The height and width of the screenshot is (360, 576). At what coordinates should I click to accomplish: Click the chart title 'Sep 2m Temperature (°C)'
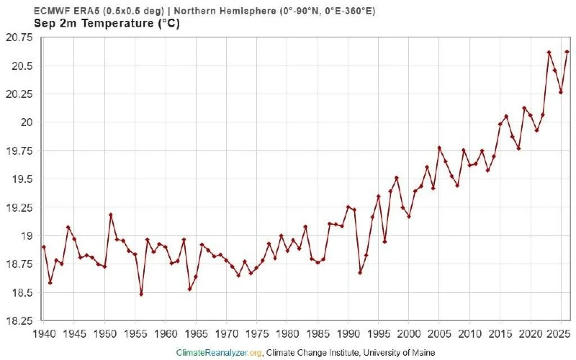107,23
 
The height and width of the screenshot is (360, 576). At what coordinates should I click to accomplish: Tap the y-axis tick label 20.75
19,37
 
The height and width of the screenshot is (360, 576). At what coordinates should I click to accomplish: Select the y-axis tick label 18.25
19,320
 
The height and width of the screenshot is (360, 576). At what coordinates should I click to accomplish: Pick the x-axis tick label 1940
44,333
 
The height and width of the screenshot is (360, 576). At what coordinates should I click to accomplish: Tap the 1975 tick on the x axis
257,333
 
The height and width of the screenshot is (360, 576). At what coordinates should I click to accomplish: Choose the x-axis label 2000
408,333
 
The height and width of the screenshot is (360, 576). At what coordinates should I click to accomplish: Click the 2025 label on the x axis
559,333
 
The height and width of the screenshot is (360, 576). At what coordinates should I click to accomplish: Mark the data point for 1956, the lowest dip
141,294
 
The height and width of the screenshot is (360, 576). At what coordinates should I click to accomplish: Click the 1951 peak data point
111,215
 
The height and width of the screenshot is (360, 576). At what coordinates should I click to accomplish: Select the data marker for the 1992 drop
360,273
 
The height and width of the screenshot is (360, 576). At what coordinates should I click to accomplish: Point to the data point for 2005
439,148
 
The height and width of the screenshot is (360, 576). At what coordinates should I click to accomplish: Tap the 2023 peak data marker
549,52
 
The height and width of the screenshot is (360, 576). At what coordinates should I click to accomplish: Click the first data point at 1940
44,247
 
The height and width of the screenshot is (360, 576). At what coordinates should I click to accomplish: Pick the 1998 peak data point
397,178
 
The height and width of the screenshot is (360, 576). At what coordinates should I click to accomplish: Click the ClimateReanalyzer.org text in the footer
219,353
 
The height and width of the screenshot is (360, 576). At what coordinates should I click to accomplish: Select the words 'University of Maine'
400,353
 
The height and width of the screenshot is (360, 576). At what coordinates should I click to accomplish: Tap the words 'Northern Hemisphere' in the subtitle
225,11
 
